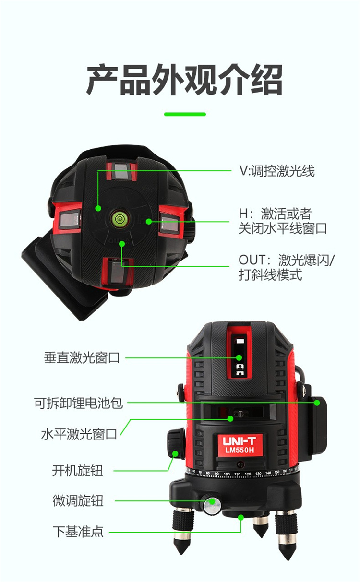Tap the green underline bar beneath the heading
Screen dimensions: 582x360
click(x=185, y=114)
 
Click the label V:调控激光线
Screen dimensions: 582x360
click(x=277, y=171)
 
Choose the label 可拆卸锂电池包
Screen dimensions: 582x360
click(x=78, y=403)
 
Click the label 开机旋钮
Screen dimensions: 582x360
click(x=78, y=470)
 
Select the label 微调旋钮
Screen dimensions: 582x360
click(x=78, y=500)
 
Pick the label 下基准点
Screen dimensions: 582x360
click(x=78, y=531)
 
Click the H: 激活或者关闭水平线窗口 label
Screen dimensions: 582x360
click(x=283, y=221)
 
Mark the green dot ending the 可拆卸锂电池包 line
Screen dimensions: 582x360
click(x=317, y=403)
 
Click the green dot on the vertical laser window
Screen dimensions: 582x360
click(x=239, y=357)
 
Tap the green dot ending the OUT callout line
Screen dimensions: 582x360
click(x=122, y=244)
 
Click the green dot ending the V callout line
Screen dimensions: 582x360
click(x=98, y=208)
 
